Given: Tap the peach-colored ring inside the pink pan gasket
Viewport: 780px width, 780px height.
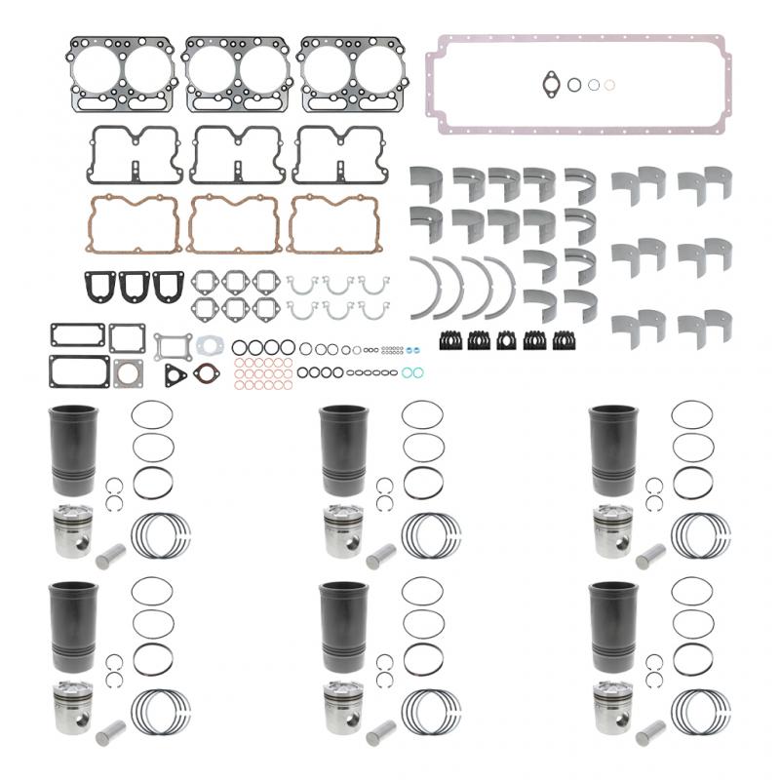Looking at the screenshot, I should (x=609, y=85).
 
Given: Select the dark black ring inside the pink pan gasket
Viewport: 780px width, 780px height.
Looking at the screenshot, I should (x=574, y=85).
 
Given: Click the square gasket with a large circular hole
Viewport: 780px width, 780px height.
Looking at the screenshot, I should (x=128, y=373).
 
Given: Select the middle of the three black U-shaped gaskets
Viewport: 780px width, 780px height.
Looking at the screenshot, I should (x=135, y=286).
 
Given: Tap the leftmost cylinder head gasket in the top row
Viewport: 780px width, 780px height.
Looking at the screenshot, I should (x=121, y=73).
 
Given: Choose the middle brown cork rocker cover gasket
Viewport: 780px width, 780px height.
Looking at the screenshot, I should (x=233, y=223).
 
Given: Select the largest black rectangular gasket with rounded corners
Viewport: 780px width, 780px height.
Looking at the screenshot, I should (x=78, y=371).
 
